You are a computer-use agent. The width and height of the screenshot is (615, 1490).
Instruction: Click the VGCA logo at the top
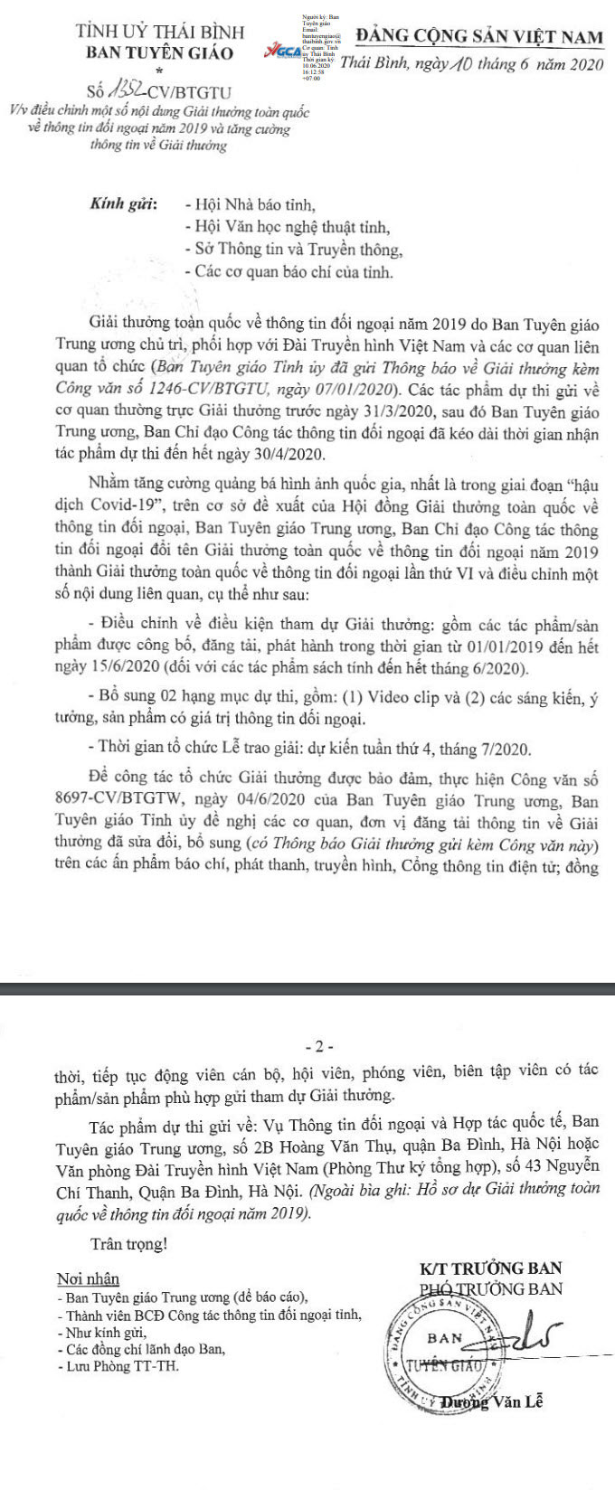click(286, 52)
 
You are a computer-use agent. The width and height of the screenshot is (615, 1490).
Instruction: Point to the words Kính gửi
click(124, 204)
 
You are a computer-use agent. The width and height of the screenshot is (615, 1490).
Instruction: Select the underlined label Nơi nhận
click(88, 1278)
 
